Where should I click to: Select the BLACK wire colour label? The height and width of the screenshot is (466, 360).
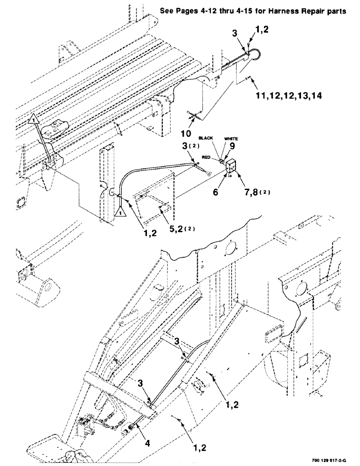206,139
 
